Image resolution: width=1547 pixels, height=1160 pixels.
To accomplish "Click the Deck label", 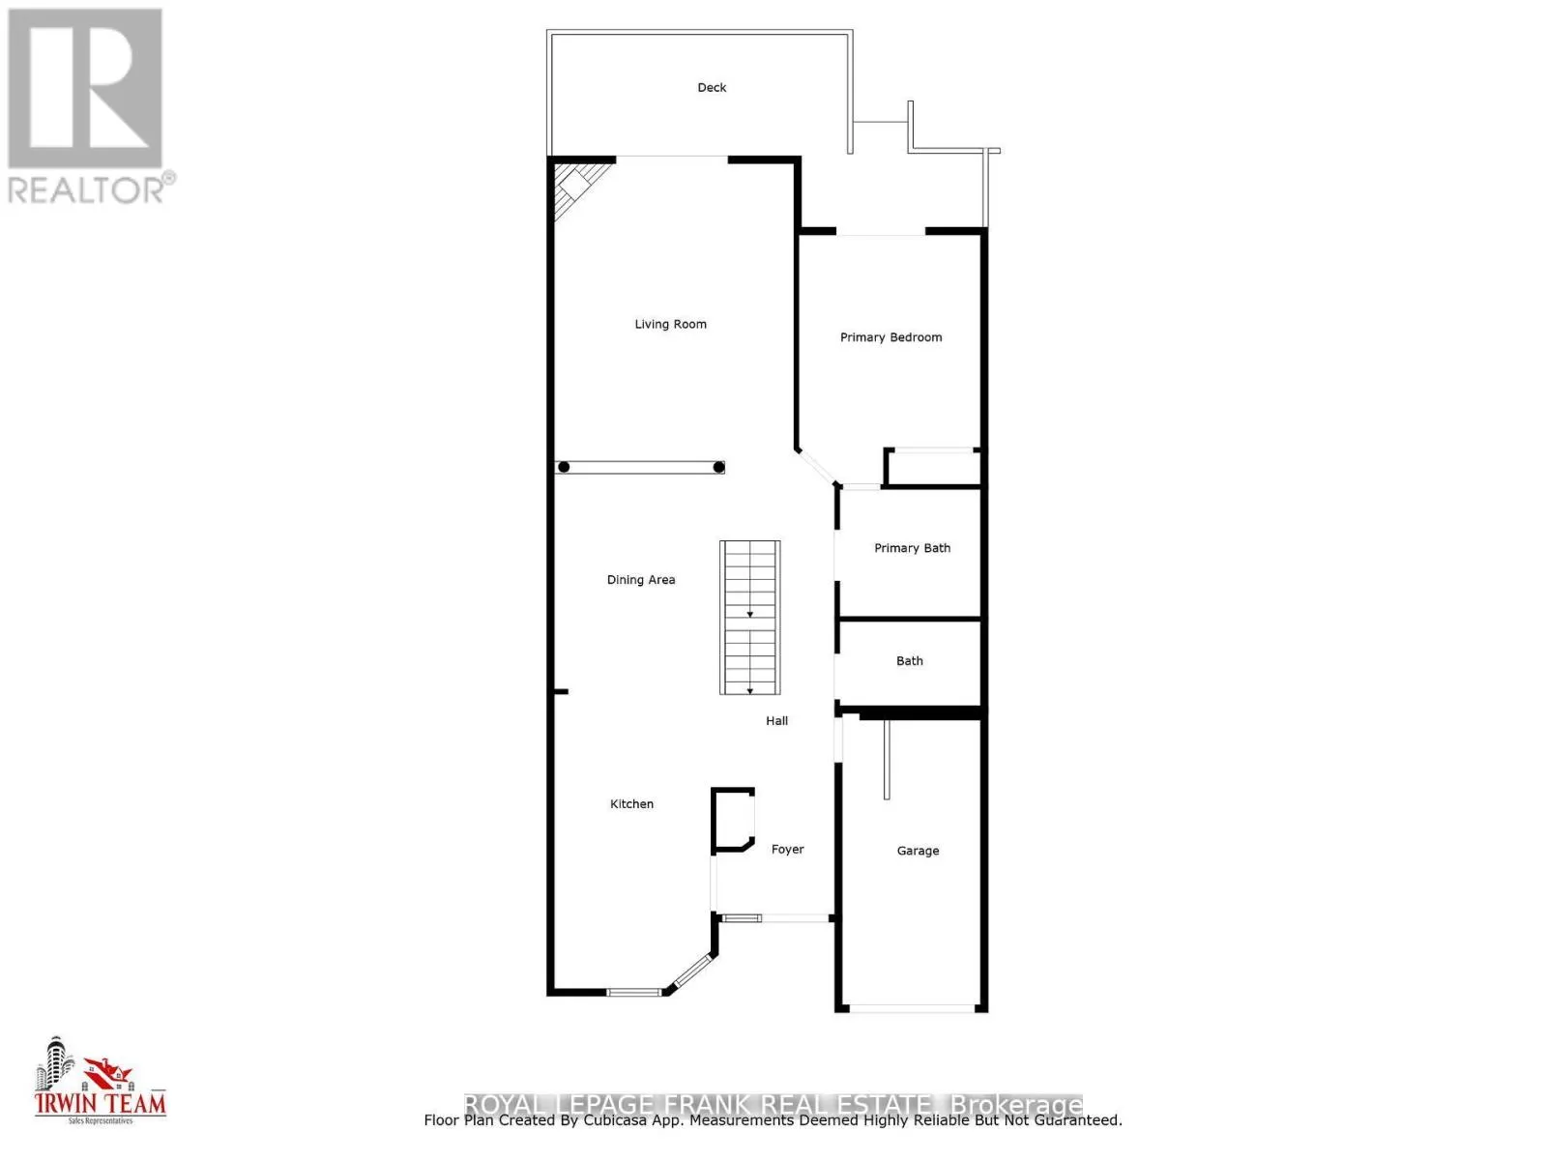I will coord(712,88).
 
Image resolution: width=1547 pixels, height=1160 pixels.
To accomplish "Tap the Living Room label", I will coord(670,325).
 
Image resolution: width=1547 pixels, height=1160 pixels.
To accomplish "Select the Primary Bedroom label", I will coord(890,337).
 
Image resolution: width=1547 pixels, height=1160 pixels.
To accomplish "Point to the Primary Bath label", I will coord(912,548).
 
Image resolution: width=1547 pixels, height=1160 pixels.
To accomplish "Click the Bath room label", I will coord(909,661).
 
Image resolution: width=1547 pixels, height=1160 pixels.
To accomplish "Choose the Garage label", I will coord(918,852).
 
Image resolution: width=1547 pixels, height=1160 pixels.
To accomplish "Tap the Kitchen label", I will coord(631,804).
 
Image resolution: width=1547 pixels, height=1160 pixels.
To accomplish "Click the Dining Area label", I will coord(640,580).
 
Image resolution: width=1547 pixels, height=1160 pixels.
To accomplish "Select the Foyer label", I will coord(787,850).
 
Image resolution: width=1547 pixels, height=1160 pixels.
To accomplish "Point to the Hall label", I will coord(776,721).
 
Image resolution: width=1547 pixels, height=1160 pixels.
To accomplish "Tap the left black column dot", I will coord(564,468).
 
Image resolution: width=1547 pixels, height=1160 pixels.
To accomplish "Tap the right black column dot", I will coord(718,468).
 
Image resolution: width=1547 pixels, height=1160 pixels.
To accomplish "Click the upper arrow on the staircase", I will coord(749,614).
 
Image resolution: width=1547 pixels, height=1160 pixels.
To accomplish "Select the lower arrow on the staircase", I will coord(749,690).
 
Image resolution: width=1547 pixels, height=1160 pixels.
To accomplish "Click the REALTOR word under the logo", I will coord(87,189).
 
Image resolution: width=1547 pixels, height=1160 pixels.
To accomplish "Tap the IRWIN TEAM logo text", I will coord(101,1103).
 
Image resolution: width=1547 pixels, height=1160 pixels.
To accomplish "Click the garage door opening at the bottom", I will coord(911,1008).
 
